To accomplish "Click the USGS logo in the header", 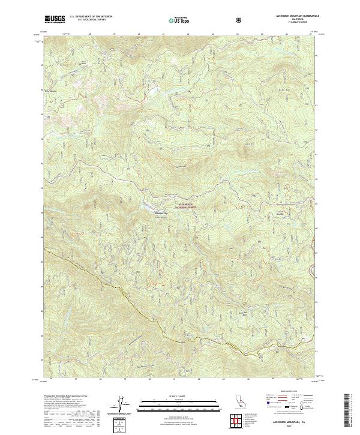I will tap(55, 20).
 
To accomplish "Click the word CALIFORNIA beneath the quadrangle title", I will tap(292, 19).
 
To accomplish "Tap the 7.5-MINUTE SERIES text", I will tap(292, 23).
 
